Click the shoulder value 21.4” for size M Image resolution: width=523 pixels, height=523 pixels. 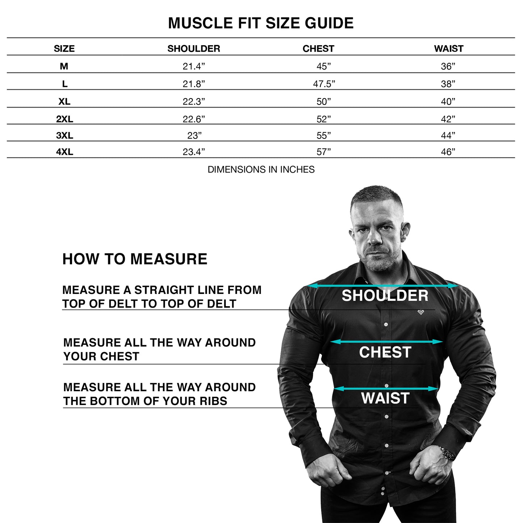point(194,66)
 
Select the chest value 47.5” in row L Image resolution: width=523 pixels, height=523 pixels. point(324,84)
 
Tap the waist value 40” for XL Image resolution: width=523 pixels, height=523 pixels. point(448,102)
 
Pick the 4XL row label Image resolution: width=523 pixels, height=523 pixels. point(64,152)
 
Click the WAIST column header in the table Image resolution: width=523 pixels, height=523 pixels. point(448,48)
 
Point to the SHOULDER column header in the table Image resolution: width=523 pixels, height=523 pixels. point(194,48)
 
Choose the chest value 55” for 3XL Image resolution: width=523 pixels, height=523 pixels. point(324,136)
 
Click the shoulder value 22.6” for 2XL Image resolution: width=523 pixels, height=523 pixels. point(194,119)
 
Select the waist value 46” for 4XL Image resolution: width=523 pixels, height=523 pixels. point(448,152)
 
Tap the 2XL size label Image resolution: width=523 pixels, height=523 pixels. point(64,119)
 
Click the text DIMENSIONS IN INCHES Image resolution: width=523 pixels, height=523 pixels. point(261,169)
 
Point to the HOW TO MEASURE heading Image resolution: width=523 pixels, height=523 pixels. point(135,259)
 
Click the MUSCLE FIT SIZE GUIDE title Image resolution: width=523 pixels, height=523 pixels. point(261,23)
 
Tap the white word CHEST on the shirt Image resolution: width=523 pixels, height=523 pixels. point(385,352)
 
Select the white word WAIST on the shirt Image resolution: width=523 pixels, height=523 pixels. point(385,398)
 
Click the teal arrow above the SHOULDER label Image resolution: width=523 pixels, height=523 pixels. point(383,286)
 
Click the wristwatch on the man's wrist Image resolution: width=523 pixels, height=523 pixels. point(448,453)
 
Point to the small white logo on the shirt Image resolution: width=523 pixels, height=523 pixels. point(421,312)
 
